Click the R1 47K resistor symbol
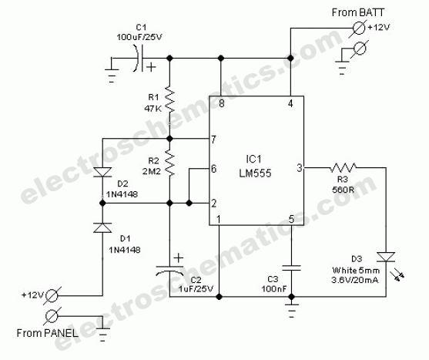169,99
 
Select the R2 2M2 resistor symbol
169,163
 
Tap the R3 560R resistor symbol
343,167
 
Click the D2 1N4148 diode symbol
102,172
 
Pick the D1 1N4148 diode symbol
102,227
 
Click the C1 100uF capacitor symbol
139,59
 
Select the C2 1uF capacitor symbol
169,270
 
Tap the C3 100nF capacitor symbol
291,267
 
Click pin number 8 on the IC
222,104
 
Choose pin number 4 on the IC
290,104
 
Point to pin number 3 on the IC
300,168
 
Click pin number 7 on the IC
213,140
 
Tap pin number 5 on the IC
291,219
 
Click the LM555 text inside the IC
255,173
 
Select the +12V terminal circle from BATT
359,28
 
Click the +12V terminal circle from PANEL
52,296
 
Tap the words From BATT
358,12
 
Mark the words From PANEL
47,333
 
